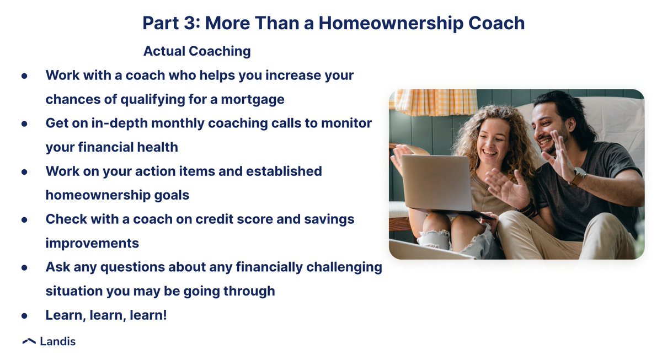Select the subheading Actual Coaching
(197, 51)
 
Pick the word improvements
(92, 243)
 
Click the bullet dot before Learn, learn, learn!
(24, 316)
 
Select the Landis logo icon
(29, 342)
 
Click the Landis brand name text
(58, 342)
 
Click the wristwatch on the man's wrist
(578, 176)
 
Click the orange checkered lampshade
(436, 102)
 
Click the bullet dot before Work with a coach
(24, 76)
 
